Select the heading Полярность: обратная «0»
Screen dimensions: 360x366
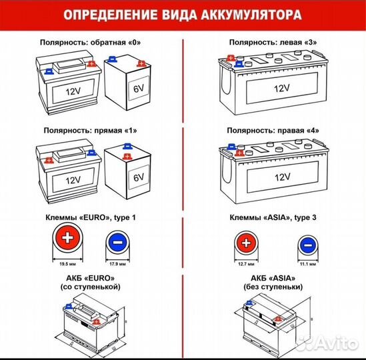(91, 42)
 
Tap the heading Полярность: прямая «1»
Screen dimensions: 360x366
(91, 133)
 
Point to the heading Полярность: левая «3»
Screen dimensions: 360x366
(274, 42)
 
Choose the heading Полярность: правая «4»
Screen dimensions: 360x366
(274, 133)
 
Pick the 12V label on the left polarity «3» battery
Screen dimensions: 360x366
(280, 88)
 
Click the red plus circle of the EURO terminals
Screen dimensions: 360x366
(67, 241)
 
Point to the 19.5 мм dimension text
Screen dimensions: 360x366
(67, 263)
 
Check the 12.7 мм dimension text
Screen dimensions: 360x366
(245, 263)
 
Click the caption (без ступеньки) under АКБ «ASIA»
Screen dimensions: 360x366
(273, 286)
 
